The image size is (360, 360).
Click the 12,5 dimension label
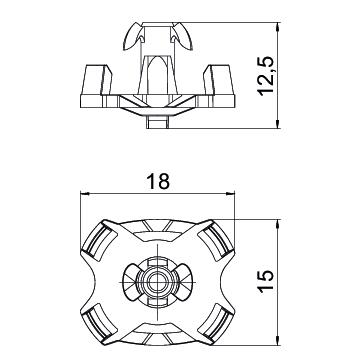click(267, 76)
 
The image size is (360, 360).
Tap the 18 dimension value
click(158, 182)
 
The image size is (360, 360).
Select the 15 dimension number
click(267, 282)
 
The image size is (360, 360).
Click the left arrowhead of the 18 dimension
click(85, 193)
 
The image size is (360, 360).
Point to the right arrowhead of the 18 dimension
click(230, 193)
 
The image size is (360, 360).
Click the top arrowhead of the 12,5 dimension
click(277, 27)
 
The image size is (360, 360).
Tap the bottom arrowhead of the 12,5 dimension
click(277, 124)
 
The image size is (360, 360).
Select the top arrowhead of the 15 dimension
click(277, 224)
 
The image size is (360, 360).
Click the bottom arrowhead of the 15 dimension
click(277, 341)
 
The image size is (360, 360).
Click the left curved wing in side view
click(132, 37)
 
